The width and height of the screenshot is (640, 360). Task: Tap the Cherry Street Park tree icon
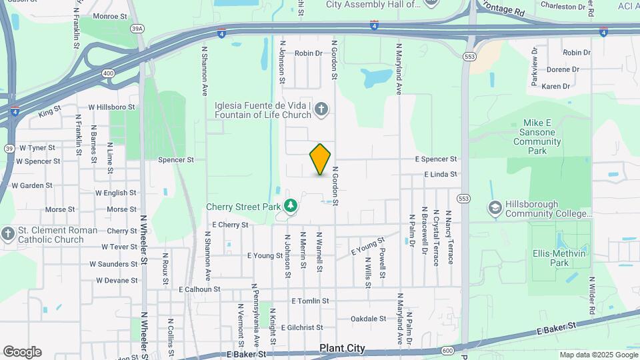tap(290, 206)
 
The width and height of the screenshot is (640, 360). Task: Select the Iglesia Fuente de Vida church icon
tap(321, 109)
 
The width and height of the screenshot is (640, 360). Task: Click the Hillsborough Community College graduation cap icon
tap(495, 208)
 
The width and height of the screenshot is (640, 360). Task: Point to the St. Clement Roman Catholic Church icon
tap(7, 234)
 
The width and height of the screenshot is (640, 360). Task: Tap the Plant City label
tap(342, 348)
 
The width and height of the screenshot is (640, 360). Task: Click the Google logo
tap(22, 352)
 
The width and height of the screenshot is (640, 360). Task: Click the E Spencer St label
tap(436, 159)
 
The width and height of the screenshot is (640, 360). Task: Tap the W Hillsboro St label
tap(112, 107)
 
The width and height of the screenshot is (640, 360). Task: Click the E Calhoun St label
tap(199, 289)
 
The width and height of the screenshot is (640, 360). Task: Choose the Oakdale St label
tap(368, 319)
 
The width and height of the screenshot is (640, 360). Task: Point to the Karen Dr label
tap(555, 87)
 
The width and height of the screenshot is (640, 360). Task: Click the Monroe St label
tap(110, 15)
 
